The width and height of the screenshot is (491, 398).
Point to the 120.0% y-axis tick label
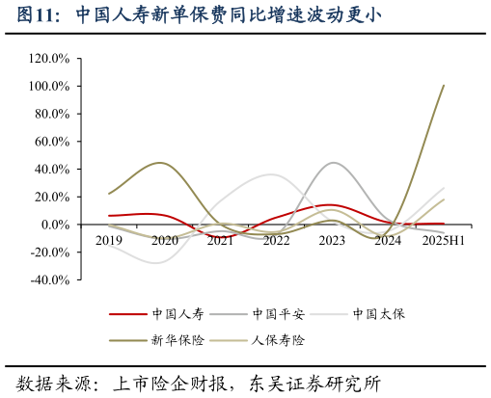(49, 59)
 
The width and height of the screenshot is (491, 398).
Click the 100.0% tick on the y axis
(49, 87)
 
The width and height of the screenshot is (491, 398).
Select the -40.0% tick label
(49, 280)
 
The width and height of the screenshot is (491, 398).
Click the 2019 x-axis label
(109, 240)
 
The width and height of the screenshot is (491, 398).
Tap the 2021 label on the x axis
(220, 240)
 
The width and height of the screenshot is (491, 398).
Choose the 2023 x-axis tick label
(332, 240)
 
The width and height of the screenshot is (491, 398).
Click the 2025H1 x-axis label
(443, 240)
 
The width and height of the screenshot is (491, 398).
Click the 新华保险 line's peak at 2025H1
(443, 86)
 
